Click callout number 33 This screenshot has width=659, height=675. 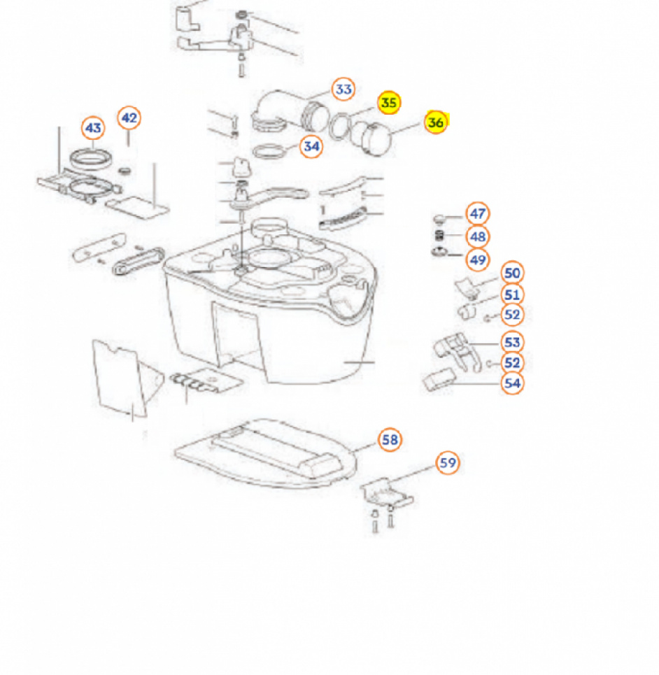(343, 90)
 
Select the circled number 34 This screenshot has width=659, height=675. (311, 146)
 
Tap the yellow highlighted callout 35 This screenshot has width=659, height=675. (389, 103)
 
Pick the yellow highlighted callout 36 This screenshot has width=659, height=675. (435, 122)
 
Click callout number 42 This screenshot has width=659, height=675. (129, 118)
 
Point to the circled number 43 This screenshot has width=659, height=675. (93, 128)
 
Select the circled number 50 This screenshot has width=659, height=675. (512, 273)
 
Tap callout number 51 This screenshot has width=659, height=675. (512, 294)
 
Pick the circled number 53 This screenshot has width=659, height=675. (512, 342)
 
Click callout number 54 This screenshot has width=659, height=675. (512, 383)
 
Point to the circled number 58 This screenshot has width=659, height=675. (390, 440)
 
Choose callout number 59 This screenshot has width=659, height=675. (448, 463)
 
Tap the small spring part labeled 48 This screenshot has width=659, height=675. (439, 236)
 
